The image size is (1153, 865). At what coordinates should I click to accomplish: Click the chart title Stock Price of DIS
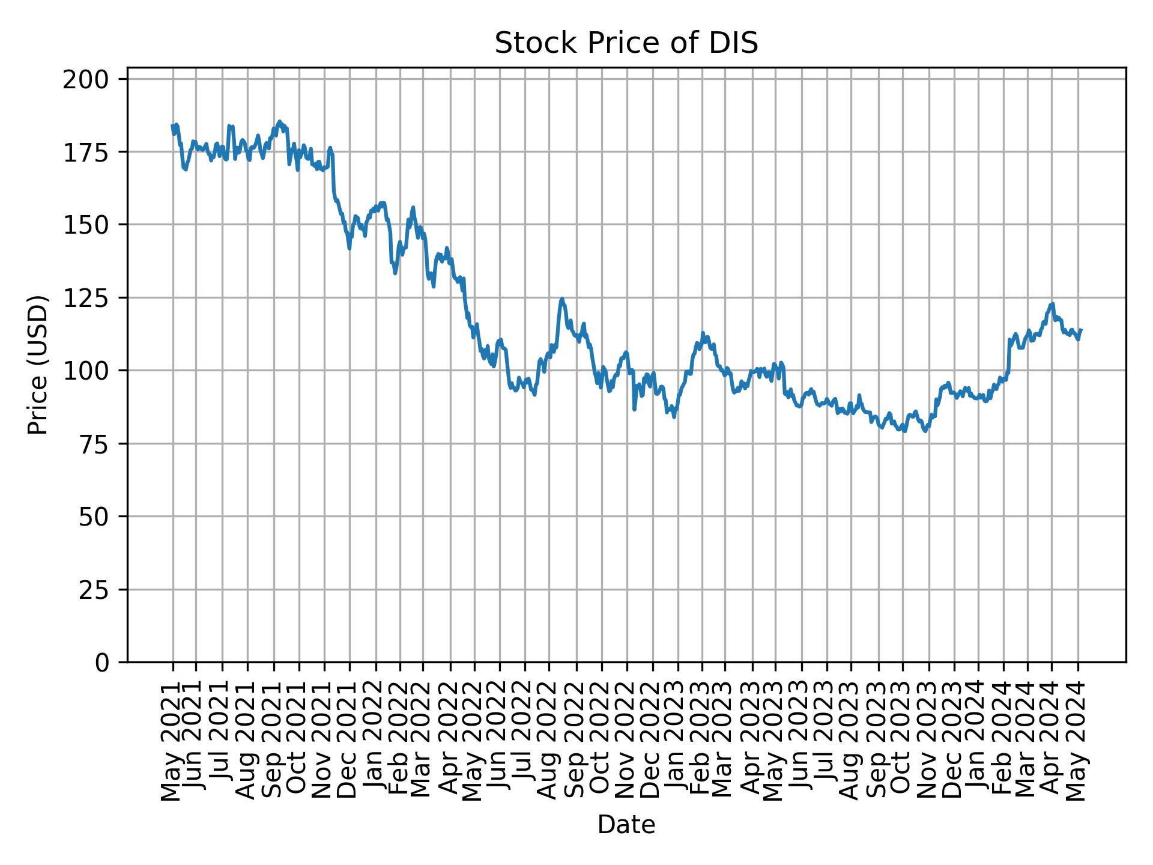click(x=626, y=44)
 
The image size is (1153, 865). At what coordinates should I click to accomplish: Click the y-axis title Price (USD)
click(x=38, y=365)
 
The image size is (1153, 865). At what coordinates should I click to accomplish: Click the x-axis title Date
click(x=626, y=825)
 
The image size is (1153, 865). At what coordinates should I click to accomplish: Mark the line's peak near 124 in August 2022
click(x=562, y=299)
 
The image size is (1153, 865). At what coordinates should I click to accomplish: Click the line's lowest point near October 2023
click(x=925, y=431)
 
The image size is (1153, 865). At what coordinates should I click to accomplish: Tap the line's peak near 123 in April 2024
click(x=1052, y=304)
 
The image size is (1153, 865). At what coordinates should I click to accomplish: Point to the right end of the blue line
click(x=1081, y=330)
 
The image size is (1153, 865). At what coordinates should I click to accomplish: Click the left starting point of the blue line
click(x=172, y=126)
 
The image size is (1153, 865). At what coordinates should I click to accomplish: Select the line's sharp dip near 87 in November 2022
click(x=634, y=409)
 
